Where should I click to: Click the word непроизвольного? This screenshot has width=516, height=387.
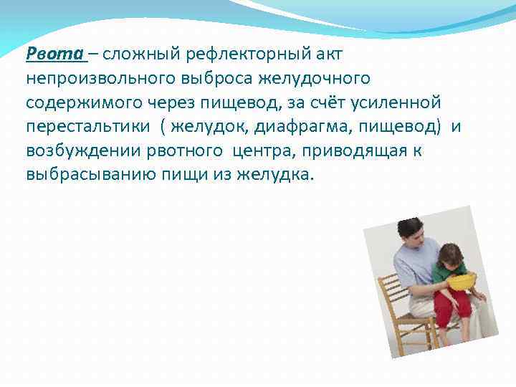point(91,78)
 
